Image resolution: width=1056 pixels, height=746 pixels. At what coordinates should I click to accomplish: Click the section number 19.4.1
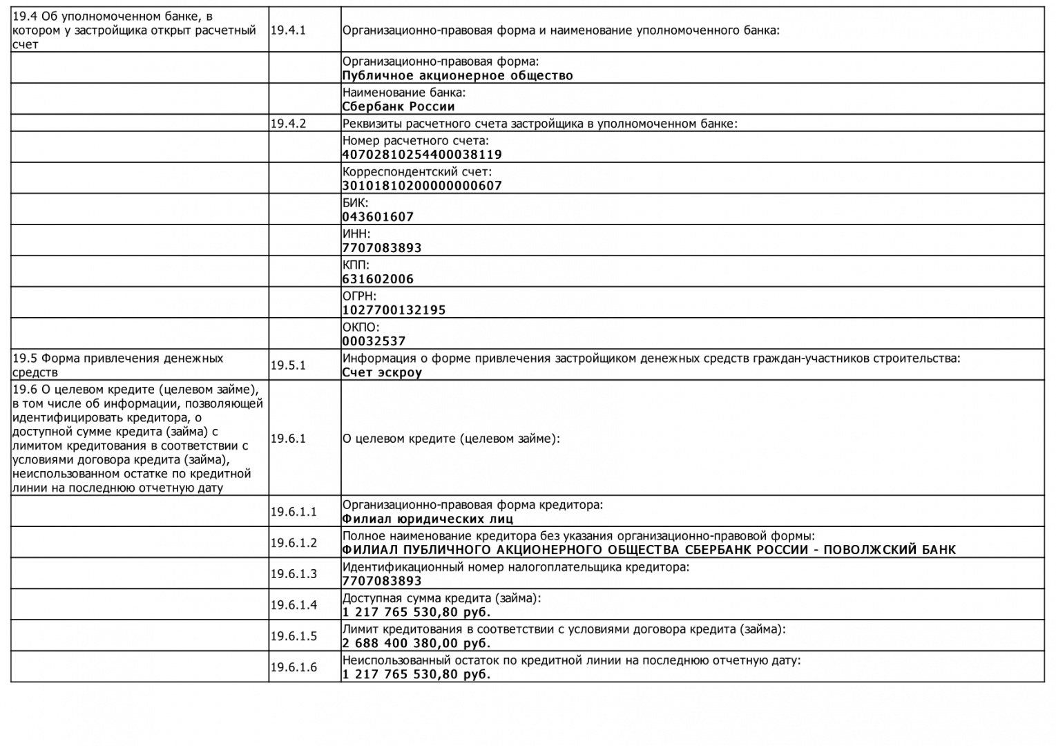[x=287, y=30]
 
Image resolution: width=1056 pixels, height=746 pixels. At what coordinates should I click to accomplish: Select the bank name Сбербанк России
[x=399, y=106]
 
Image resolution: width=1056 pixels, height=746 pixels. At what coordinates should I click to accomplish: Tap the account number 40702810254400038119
[x=422, y=155]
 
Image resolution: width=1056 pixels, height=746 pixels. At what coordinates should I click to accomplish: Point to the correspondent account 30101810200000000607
[x=422, y=186]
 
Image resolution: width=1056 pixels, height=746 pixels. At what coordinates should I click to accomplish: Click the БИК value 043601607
[x=378, y=217]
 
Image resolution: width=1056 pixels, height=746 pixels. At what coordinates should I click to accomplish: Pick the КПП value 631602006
[x=378, y=279]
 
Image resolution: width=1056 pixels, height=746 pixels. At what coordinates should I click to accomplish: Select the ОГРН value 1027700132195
[x=394, y=310]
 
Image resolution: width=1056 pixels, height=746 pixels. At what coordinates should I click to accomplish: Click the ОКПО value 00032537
[x=374, y=341]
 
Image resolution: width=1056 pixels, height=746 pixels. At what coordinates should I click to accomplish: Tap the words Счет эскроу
[x=382, y=372]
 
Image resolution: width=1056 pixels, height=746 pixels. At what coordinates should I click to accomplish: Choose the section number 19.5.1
[x=287, y=365]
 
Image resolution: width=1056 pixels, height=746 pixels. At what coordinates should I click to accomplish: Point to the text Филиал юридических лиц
[x=428, y=519]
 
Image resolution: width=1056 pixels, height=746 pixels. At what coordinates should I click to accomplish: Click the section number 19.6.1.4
[x=294, y=605]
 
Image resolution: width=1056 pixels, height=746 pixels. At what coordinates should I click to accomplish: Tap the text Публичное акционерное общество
[x=457, y=75]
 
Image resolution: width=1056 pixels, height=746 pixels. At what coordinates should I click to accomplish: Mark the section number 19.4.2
[x=287, y=124]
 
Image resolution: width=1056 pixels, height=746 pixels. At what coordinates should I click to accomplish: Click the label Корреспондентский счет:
[x=417, y=171]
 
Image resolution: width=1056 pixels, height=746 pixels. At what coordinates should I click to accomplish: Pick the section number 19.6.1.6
[x=294, y=667]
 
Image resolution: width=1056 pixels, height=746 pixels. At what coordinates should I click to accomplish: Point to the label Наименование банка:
[x=404, y=92]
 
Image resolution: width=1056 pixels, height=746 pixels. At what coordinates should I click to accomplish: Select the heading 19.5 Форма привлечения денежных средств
[x=117, y=365]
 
